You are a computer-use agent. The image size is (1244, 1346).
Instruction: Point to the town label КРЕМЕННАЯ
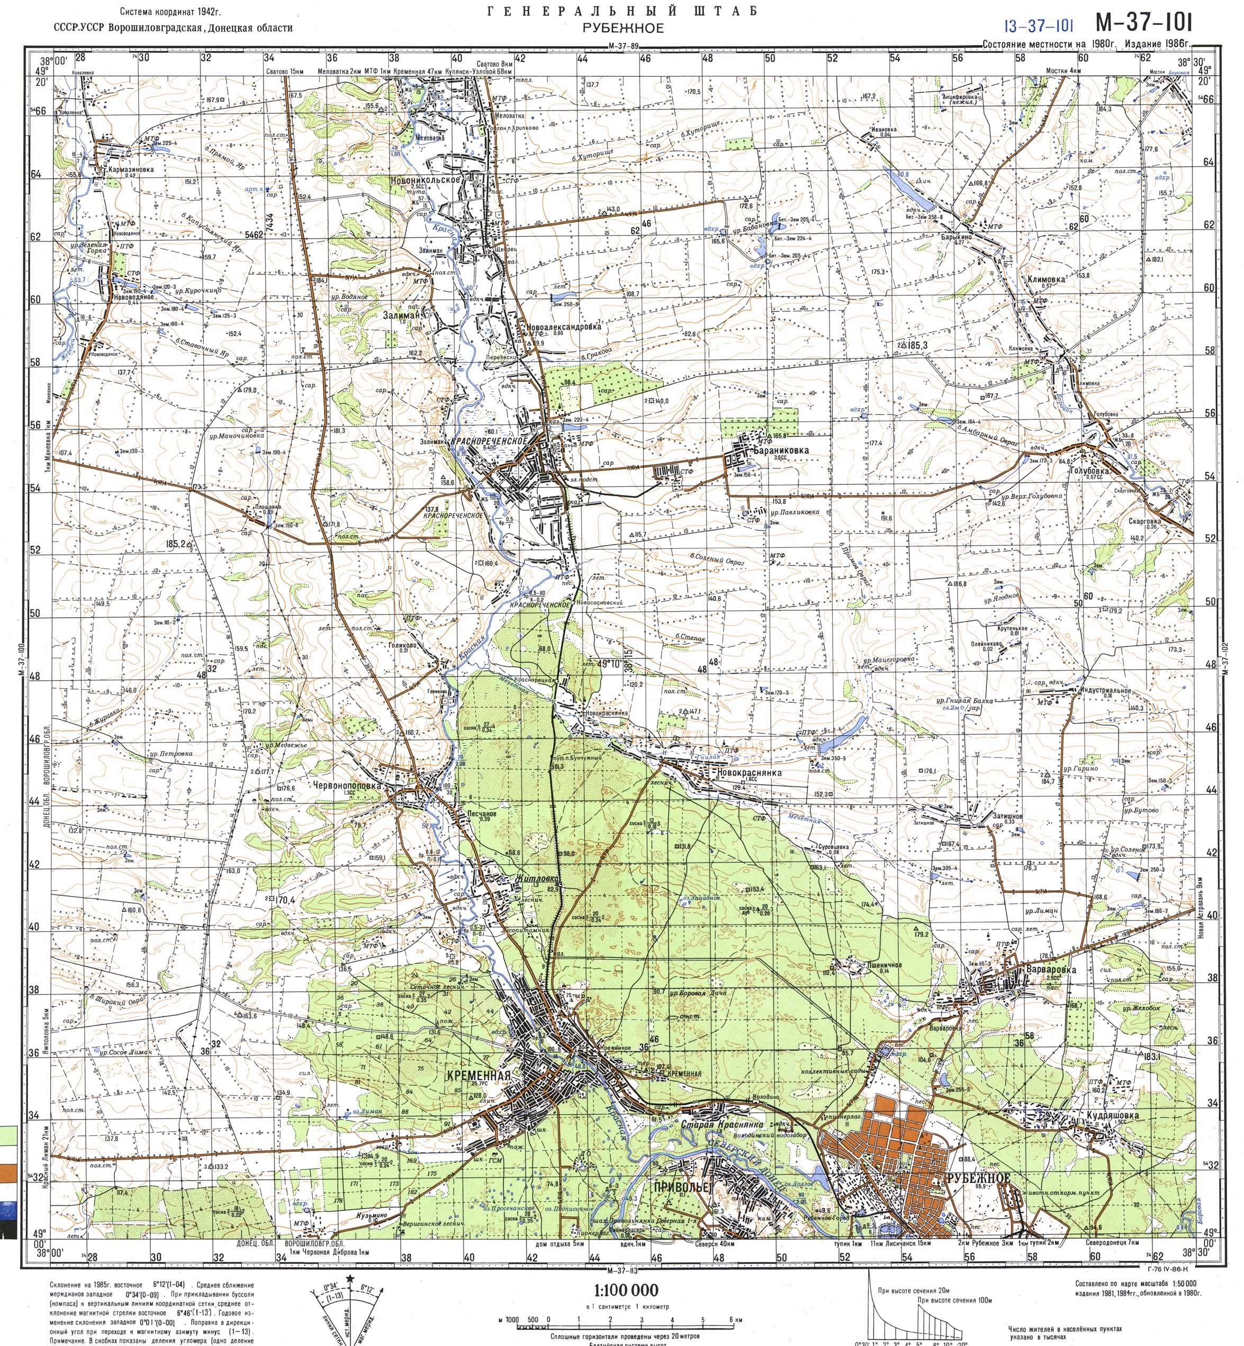click(478, 1076)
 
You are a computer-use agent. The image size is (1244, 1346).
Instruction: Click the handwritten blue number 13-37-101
click(1038, 27)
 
